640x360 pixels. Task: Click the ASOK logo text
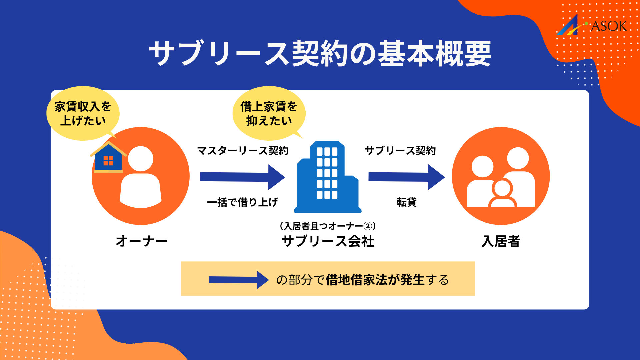608,26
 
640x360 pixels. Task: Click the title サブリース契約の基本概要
320,53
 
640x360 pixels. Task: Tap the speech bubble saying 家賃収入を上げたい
83,113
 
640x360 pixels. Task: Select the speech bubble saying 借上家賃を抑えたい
269,113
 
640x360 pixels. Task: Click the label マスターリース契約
243,151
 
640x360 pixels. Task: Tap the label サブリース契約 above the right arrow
400,151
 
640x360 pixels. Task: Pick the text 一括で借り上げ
242,202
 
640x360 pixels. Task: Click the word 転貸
406,202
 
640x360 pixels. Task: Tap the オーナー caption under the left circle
141,241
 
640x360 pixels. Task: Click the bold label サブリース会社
328,241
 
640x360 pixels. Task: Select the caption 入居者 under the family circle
501,241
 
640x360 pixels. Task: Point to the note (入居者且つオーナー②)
328,226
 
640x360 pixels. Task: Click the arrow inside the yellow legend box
239,280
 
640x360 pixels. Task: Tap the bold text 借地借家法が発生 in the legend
375,280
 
